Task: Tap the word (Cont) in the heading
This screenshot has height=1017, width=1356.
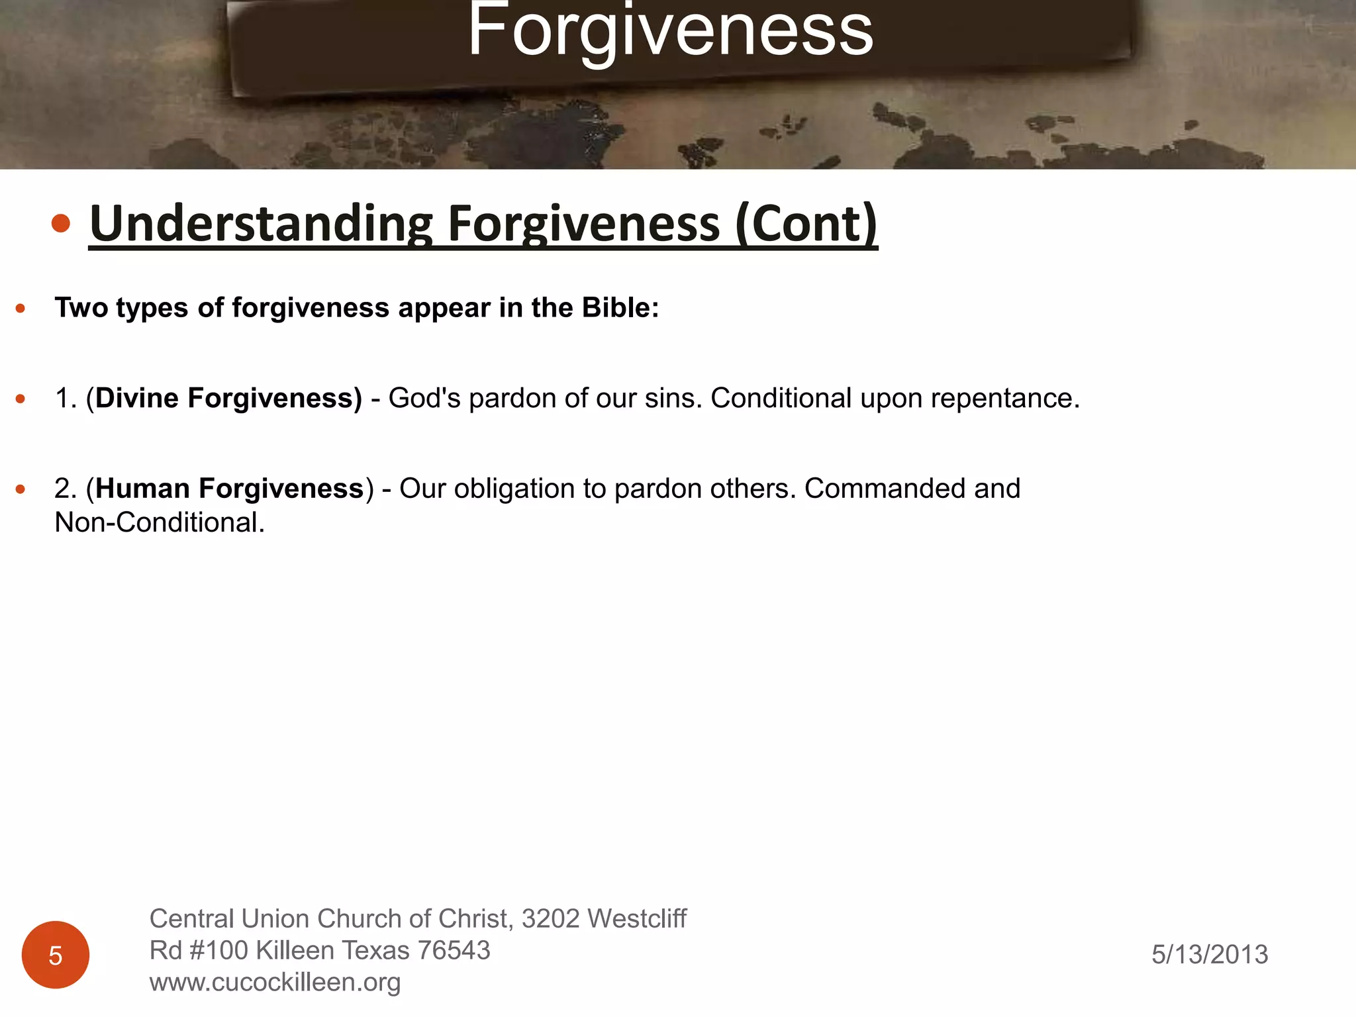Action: click(806, 224)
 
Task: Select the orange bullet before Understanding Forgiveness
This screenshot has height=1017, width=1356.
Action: click(61, 224)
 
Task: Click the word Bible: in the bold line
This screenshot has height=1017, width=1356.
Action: click(620, 308)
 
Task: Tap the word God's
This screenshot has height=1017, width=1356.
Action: click(424, 398)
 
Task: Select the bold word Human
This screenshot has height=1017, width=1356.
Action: click(142, 489)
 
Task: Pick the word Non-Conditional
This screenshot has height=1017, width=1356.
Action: click(160, 522)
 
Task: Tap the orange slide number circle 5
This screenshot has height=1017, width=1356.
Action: click(56, 955)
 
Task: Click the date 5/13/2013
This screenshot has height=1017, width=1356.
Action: click(1210, 954)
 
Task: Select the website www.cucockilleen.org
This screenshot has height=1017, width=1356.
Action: click(275, 982)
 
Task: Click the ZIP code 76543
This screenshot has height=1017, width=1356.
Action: click(454, 950)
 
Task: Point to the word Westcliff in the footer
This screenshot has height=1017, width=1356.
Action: click(637, 918)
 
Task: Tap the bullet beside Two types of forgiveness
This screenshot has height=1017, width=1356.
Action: click(21, 308)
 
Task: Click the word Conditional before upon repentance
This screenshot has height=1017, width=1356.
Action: click(781, 398)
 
